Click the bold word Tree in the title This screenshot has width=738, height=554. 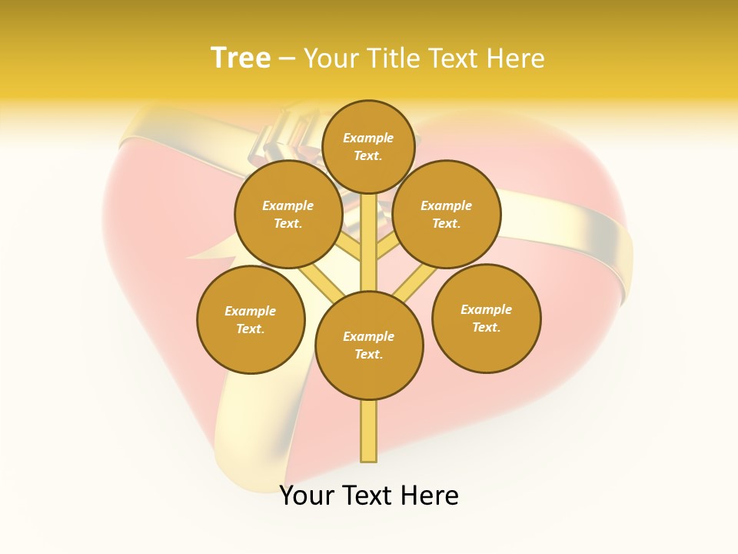click(x=241, y=58)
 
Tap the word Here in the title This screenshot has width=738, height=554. click(x=514, y=58)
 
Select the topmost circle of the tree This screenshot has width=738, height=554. click(x=368, y=146)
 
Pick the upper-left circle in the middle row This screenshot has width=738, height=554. click(x=288, y=214)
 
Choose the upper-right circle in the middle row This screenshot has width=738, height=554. click(x=447, y=214)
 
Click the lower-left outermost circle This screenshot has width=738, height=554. click(x=251, y=319)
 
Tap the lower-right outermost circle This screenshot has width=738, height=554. click(x=486, y=318)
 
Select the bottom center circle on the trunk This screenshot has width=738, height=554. click(x=369, y=345)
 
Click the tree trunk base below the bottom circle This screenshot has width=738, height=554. click(x=369, y=431)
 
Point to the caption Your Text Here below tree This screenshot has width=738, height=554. click(x=369, y=496)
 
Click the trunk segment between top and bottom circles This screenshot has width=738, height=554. click(x=369, y=242)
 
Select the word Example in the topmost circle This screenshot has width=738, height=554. click(x=368, y=138)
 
